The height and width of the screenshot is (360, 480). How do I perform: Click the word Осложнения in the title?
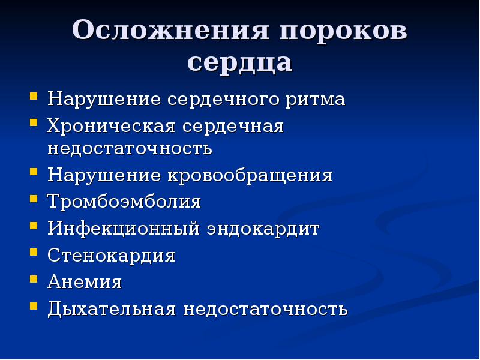(x=171, y=30)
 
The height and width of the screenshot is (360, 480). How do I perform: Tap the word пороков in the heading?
(x=343, y=30)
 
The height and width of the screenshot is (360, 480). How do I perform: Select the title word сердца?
(x=239, y=62)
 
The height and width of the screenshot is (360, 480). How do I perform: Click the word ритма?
(x=316, y=99)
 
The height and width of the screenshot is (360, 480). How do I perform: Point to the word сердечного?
(x=223, y=100)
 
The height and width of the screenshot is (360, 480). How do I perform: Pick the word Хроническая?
(x=111, y=126)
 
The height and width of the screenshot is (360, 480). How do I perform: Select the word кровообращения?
(x=250, y=175)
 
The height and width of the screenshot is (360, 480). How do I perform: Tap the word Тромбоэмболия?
(x=124, y=202)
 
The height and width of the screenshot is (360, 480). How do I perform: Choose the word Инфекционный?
(x=124, y=229)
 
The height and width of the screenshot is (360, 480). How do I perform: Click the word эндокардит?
(x=263, y=229)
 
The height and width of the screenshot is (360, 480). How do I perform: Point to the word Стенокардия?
(x=112, y=256)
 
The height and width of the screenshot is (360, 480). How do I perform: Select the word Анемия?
(x=85, y=281)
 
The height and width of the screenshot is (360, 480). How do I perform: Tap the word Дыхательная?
(x=112, y=308)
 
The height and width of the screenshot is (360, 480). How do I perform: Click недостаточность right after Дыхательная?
(x=265, y=309)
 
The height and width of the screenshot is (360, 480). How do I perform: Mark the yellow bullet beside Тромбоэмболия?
(x=34, y=199)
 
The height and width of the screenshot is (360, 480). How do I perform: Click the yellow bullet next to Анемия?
(x=34, y=279)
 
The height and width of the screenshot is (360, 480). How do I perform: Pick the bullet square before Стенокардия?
(x=34, y=253)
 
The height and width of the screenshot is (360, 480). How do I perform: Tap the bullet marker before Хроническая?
(x=34, y=123)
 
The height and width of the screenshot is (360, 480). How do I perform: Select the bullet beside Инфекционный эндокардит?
(x=34, y=226)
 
